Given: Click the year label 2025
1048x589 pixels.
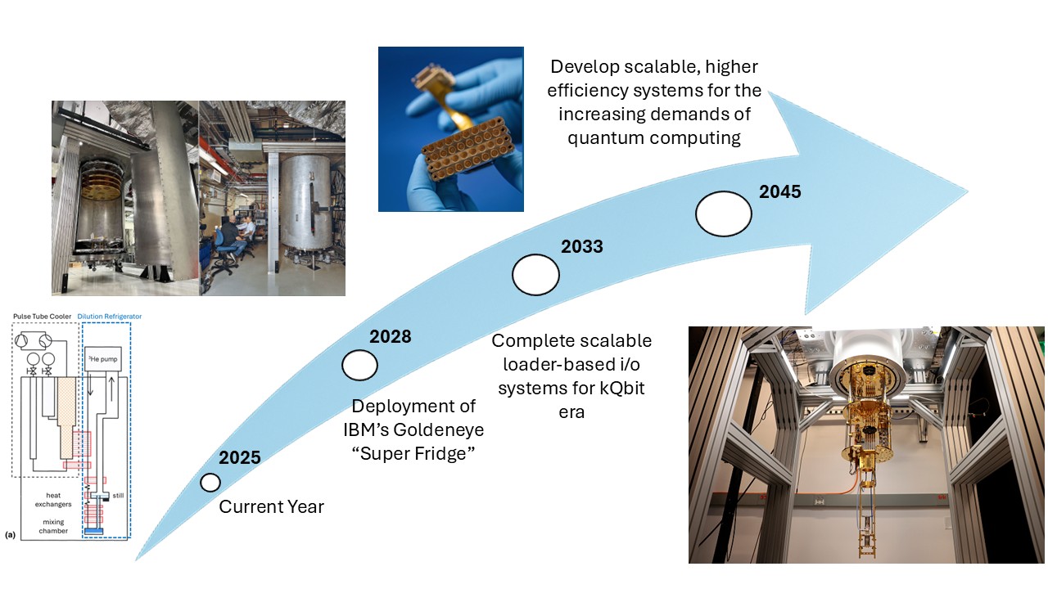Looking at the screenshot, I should [239, 458].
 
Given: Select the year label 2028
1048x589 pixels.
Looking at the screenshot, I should [390, 337].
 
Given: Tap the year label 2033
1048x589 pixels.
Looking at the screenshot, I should [581, 246].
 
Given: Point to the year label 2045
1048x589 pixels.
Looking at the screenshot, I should [779, 193].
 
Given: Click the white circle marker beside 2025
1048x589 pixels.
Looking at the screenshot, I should [210, 483].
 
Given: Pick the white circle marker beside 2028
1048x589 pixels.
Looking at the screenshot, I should [359, 366].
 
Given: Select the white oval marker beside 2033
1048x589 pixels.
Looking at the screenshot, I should [535, 275].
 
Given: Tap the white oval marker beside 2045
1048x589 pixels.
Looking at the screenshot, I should [724, 214].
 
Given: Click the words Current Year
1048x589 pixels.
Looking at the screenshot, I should [271, 507].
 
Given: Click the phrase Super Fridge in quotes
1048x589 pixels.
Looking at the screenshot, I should [413, 454].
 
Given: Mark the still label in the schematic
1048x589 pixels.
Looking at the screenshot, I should [118, 495].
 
